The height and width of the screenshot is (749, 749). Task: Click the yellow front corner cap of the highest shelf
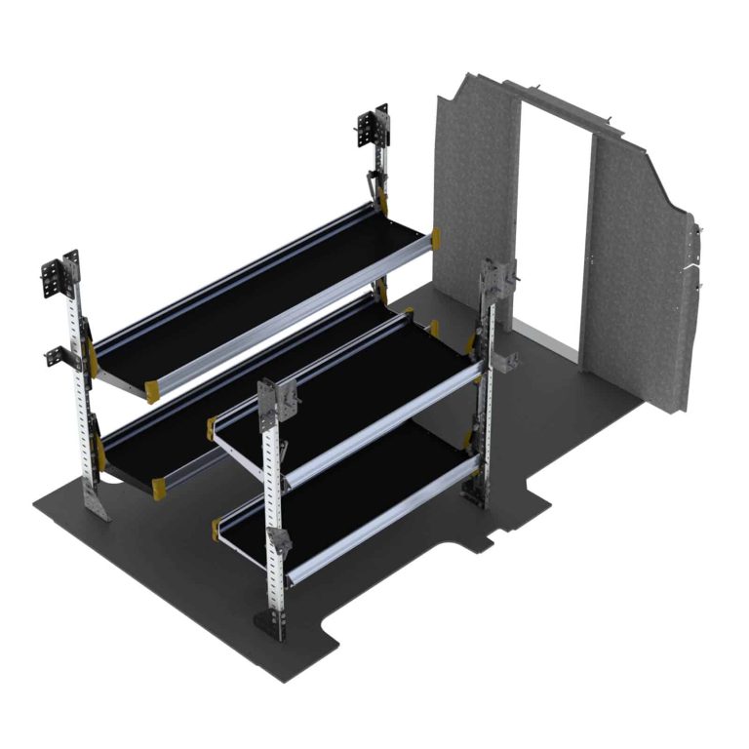pyautogui.click(x=153, y=390)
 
